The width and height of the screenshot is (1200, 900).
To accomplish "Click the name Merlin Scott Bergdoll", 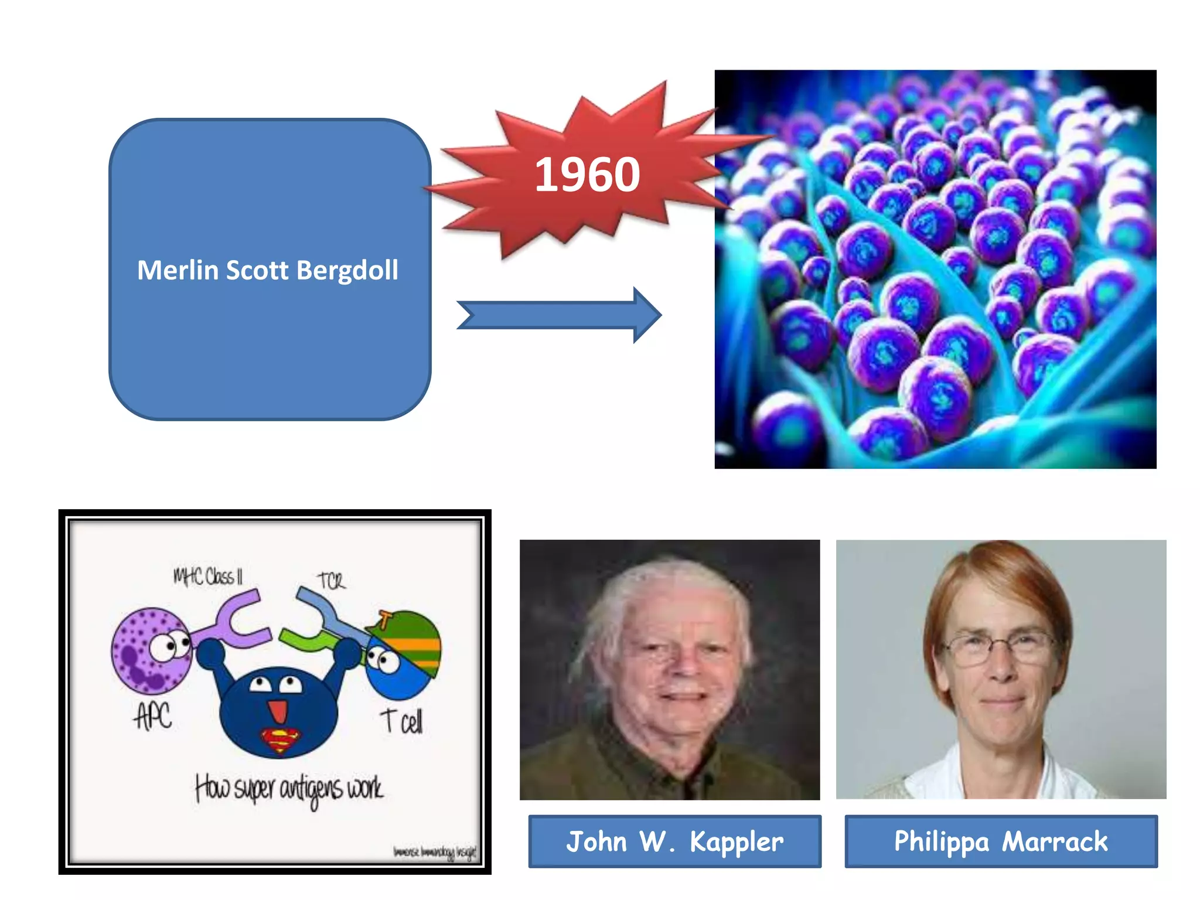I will coord(268,271).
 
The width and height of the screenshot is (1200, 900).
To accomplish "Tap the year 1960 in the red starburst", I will coord(587,175).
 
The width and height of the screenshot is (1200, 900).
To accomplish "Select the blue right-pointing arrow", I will coord(560,315).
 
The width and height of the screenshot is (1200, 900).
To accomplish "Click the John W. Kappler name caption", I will coord(674,841).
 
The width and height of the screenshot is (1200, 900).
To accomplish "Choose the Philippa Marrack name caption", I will coord(1001,841).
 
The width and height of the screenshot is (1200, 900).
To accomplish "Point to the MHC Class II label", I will coord(207,577).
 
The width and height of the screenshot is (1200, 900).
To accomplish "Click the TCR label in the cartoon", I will coord(332,581).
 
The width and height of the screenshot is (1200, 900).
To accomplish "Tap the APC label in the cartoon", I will coord(153,715).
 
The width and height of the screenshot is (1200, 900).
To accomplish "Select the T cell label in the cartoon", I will coord(401,721).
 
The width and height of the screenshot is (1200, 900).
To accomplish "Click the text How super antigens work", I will coord(289,789).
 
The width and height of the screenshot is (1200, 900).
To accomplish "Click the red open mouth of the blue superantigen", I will coord(277,710).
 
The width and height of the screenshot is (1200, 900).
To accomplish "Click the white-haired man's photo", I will coord(669,669).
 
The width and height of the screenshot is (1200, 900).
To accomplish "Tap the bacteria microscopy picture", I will coord(935,269).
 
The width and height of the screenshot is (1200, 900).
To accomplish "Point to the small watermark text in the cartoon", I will coord(434,852).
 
